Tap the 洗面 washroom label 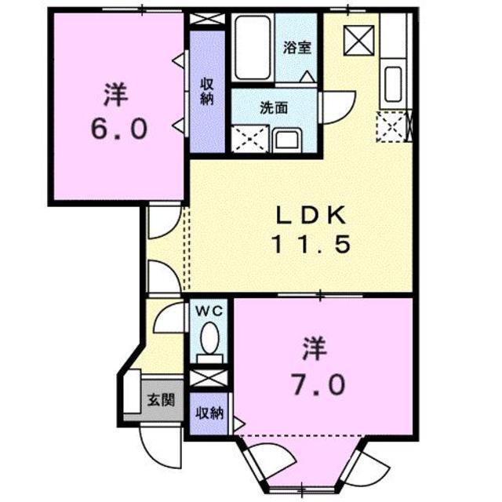[275, 109]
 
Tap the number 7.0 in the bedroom [319, 384]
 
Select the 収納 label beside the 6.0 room [207, 92]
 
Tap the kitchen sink [392, 85]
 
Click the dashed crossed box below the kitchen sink [391, 126]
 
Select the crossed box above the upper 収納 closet [208, 21]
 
